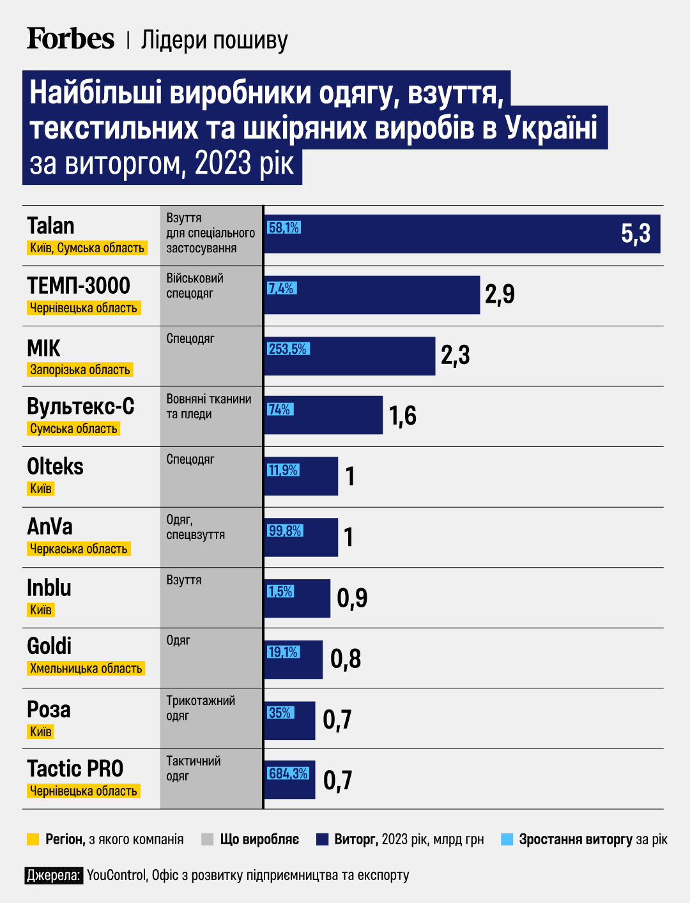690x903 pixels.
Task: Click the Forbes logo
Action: click(70, 39)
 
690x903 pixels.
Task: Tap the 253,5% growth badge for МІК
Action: click(287, 349)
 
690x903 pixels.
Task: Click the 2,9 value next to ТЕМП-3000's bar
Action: click(500, 294)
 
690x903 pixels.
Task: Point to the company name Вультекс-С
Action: click(80, 407)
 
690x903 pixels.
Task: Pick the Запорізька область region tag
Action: click(80, 370)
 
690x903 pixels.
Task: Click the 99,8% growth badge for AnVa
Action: click(284, 531)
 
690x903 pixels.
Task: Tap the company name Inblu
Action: click(49, 588)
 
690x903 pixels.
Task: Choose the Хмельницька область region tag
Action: click(86, 669)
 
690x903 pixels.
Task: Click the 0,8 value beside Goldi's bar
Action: click(346, 659)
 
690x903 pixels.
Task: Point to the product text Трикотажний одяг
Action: click(200, 708)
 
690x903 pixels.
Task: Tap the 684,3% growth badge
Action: click(288, 773)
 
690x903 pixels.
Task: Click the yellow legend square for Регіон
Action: click(33, 839)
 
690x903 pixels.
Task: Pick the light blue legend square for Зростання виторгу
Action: click(507, 839)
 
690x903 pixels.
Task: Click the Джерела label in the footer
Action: click(54, 875)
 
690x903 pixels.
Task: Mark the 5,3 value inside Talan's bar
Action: click(636, 234)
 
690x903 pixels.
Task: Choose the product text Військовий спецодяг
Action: click(195, 286)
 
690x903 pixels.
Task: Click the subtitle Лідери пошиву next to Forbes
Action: click(214, 40)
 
